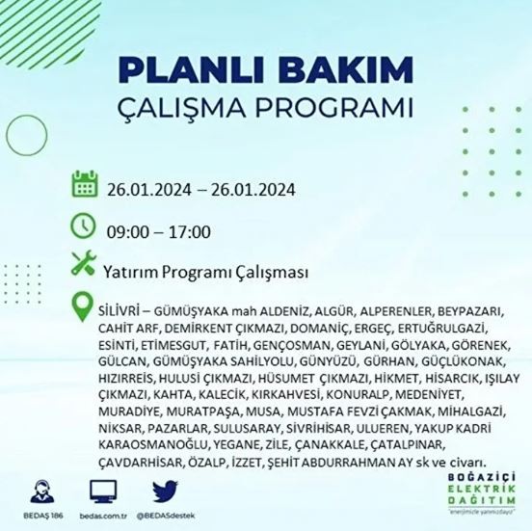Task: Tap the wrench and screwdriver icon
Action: point(85,263)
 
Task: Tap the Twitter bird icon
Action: point(166,491)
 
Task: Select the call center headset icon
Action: point(40,491)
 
